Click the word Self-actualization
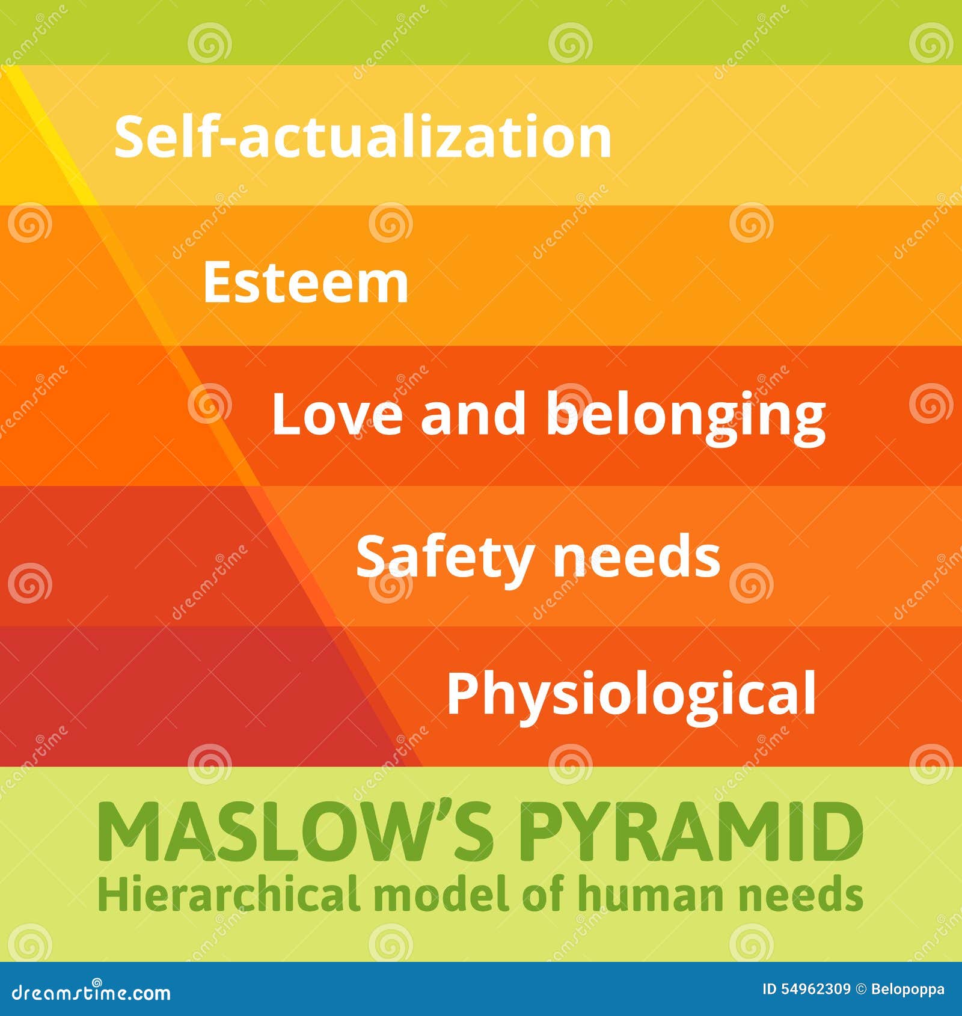coord(363,137)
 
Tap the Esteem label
coord(306,283)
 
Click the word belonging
coord(685,416)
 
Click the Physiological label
coord(631,694)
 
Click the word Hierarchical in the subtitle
coord(228,894)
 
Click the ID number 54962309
coord(815,990)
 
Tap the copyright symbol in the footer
coord(860,990)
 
